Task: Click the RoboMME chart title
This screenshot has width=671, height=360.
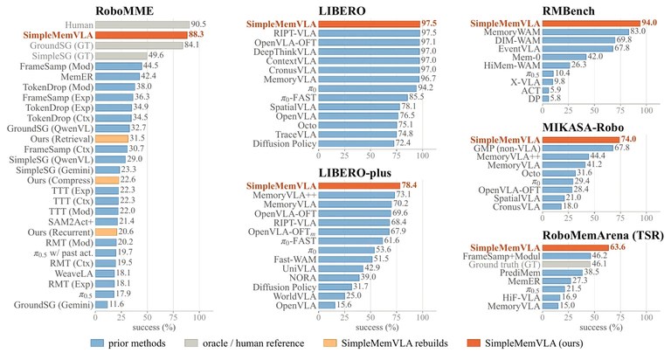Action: [124, 10]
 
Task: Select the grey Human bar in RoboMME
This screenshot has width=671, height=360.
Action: [142, 24]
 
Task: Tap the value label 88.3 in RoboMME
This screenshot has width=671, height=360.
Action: [197, 35]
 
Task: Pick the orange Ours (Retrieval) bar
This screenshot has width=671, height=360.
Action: [112, 139]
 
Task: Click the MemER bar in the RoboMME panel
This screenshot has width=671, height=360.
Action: [117, 77]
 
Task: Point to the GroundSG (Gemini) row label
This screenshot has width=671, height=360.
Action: [53, 305]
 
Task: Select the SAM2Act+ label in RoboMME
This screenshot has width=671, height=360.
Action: [71, 222]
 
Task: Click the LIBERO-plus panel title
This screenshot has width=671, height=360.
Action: [355, 172]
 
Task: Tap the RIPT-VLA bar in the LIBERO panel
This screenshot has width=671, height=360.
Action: [370, 33]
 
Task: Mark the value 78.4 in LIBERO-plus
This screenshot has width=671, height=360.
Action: [409, 185]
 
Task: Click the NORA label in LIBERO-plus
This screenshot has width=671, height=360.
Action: [302, 278]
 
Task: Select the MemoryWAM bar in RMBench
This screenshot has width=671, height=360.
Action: [585, 31]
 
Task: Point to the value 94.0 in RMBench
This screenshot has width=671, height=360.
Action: [649, 23]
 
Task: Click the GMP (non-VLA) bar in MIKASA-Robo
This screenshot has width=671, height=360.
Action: [578, 149]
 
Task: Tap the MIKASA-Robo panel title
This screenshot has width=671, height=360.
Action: [583, 127]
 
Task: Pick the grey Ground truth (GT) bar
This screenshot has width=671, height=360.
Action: [566, 265]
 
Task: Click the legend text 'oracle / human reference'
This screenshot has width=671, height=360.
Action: [253, 343]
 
